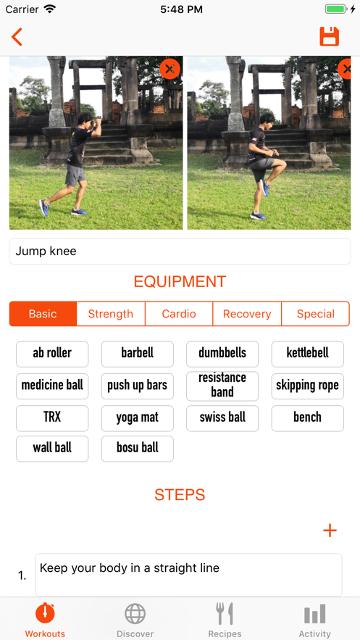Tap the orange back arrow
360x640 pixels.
pyautogui.click(x=17, y=37)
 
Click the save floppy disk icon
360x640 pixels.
pyautogui.click(x=330, y=36)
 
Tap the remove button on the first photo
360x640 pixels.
pyautogui.click(x=169, y=69)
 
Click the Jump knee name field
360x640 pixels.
pyautogui.click(x=180, y=251)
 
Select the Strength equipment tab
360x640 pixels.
pyautogui.click(x=111, y=314)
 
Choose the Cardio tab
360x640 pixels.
pyautogui.click(x=179, y=314)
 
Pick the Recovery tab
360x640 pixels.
pyautogui.click(x=247, y=314)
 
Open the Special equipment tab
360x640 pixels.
pyautogui.click(x=316, y=314)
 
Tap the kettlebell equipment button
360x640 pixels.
pyautogui.click(x=307, y=354)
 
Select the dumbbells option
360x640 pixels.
pyautogui.click(x=222, y=354)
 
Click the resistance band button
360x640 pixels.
pyautogui.click(x=222, y=386)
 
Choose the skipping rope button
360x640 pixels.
pyautogui.click(x=307, y=386)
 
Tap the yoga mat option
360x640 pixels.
pyautogui.click(x=138, y=418)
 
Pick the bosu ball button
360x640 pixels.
pyautogui.click(x=138, y=449)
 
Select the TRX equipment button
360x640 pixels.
pyautogui.click(x=52, y=418)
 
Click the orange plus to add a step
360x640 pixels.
pyautogui.click(x=330, y=531)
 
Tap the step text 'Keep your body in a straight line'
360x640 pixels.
pyautogui.click(x=130, y=568)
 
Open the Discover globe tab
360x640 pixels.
pyautogui.click(x=135, y=613)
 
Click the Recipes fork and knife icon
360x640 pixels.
pyautogui.click(x=225, y=613)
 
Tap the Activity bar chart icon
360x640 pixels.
pyautogui.click(x=315, y=614)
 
